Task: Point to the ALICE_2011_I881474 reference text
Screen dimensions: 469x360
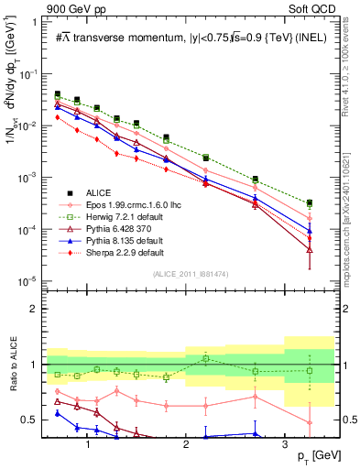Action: tap(191, 274)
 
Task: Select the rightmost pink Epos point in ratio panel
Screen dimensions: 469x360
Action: tap(310, 423)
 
